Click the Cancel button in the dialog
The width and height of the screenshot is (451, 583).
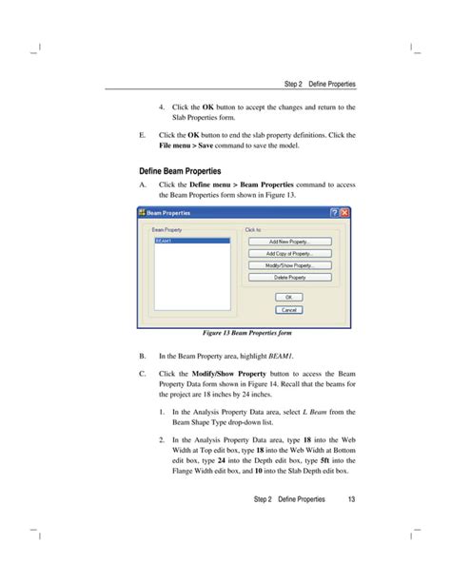(288, 309)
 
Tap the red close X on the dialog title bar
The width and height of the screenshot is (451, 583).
(345, 211)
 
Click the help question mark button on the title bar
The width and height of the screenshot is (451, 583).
(334, 211)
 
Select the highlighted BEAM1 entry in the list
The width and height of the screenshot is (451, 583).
(190, 242)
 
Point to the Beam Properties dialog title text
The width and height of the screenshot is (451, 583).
(170, 211)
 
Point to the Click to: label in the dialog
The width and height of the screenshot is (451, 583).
(253, 229)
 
